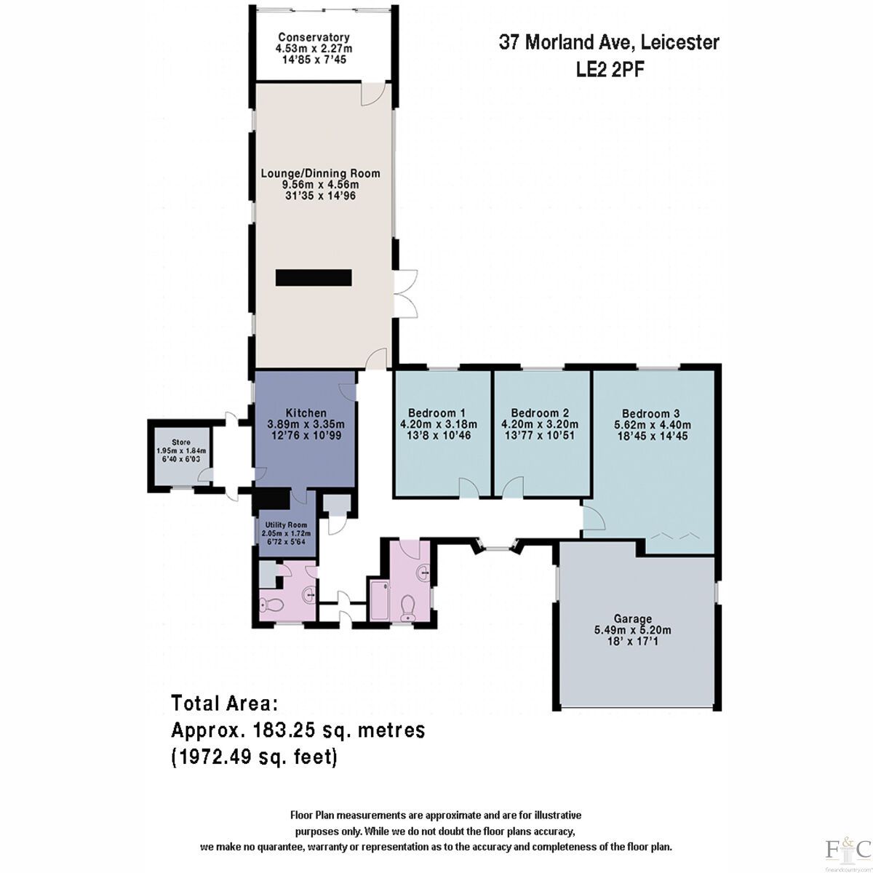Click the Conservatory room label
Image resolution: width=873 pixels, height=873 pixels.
314,38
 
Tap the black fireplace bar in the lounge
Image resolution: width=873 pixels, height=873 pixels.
314,277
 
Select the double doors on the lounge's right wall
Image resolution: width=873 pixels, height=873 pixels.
405,293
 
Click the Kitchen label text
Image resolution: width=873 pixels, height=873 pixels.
306,413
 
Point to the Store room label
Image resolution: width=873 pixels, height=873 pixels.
181,442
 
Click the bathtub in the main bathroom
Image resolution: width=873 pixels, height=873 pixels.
378,601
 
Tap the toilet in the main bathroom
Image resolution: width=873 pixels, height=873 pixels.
409,606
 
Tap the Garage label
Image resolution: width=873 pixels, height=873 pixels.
632,619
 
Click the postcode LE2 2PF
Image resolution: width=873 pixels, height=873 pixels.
610,69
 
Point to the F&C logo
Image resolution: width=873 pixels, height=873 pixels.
848,848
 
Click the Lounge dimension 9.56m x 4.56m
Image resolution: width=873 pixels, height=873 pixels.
320,185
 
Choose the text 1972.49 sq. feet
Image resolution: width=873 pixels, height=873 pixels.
255,757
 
